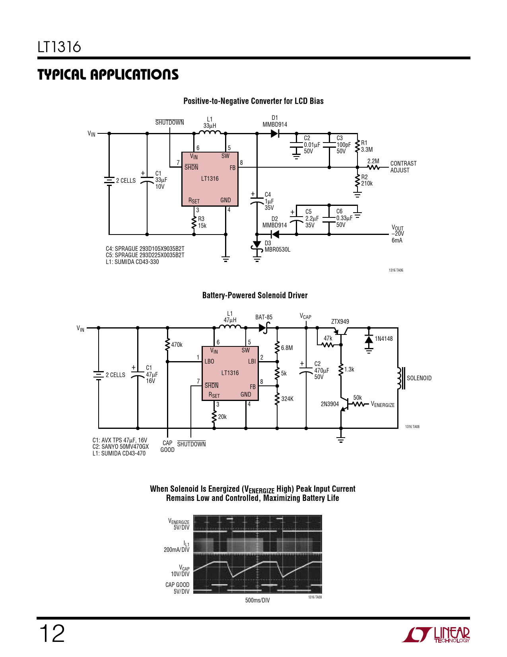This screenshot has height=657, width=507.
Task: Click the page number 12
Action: [x=51, y=634]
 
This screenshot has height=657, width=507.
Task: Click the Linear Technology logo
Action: [x=436, y=634]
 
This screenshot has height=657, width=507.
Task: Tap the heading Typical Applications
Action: [x=108, y=74]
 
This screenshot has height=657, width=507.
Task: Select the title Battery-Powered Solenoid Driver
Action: [x=255, y=295]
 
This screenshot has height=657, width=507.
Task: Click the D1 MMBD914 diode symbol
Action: [x=274, y=133]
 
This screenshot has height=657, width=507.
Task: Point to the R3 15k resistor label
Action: [x=202, y=222]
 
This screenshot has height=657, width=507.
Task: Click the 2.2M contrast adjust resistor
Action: [x=373, y=167]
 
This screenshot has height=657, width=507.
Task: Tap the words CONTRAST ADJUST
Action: [x=404, y=166]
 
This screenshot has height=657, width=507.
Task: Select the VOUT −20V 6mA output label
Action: [x=398, y=234]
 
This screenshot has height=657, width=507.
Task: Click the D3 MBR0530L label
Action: [x=277, y=246]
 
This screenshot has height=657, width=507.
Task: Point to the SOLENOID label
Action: [x=419, y=378]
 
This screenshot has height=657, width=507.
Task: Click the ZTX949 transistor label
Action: [x=340, y=322]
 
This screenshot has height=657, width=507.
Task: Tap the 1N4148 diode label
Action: [x=384, y=338]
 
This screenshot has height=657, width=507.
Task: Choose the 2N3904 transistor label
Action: [x=330, y=404]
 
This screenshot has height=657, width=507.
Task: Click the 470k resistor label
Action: [x=177, y=345]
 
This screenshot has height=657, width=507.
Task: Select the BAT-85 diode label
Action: [x=264, y=317]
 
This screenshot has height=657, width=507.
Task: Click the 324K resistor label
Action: [x=287, y=399]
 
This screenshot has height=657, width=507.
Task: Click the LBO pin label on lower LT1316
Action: [x=209, y=361]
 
